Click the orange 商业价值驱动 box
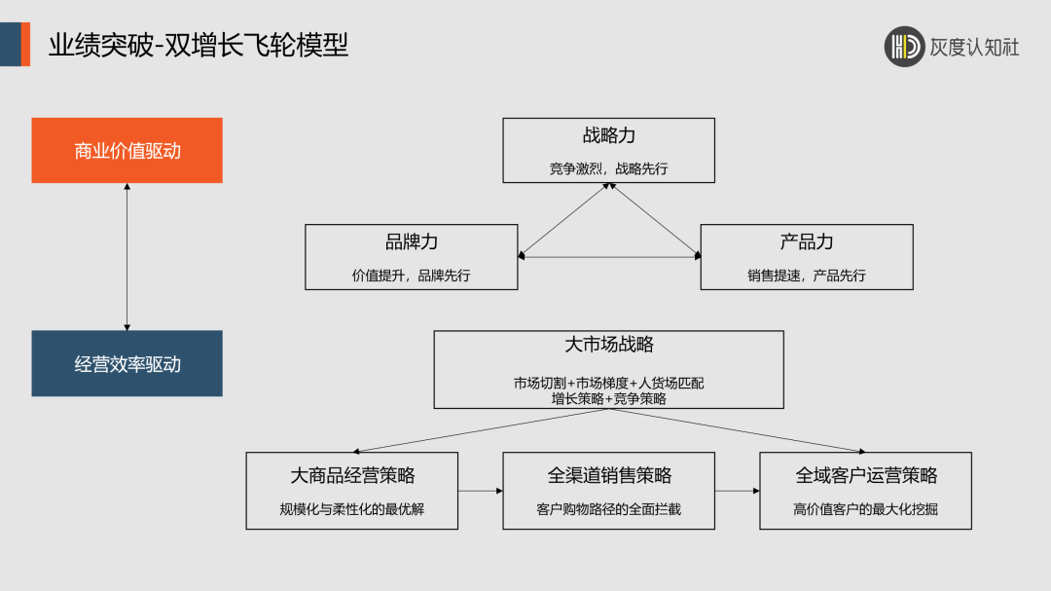[x=127, y=150]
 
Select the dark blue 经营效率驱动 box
[x=127, y=363]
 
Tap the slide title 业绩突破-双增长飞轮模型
[x=199, y=45]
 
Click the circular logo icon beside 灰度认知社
[x=904, y=46]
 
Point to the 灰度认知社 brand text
[x=975, y=47]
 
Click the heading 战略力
[x=609, y=136]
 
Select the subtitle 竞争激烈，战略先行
[x=609, y=168]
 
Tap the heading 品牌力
[x=412, y=242]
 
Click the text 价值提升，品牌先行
[x=411, y=276]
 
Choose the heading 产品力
[x=807, y=242]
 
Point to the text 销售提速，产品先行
[x=807, y=276]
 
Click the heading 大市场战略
[x=609, y=345]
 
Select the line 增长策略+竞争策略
[x=609, y=397]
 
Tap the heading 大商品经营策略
[x=352, y=475]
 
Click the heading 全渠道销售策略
[x=609, y=475]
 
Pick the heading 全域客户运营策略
[x=866, y=475]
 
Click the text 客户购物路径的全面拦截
[x=609, y=508]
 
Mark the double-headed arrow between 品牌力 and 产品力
[x=609, y=257]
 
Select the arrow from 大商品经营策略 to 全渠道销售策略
[x=481, y=491]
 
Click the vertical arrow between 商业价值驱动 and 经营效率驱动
[x=127, y=256]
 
